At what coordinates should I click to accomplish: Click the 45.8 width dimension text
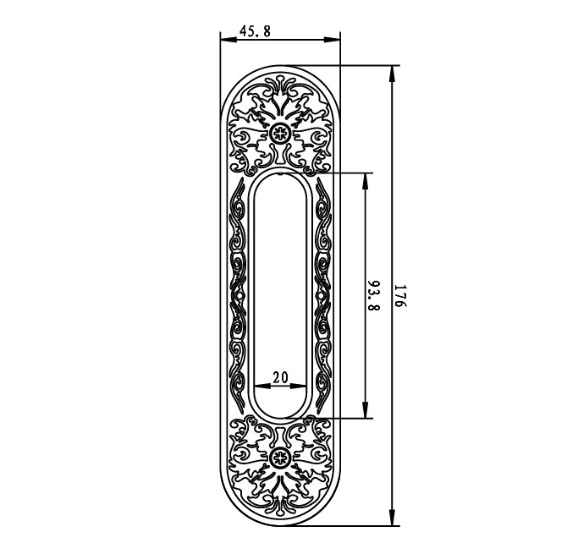255,31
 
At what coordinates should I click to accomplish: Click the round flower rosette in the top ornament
280,132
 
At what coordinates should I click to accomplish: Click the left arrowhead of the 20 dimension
258,387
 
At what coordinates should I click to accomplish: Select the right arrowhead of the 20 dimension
302,387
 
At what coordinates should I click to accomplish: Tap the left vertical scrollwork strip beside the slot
239,295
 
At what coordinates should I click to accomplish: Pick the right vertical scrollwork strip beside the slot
322,295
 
